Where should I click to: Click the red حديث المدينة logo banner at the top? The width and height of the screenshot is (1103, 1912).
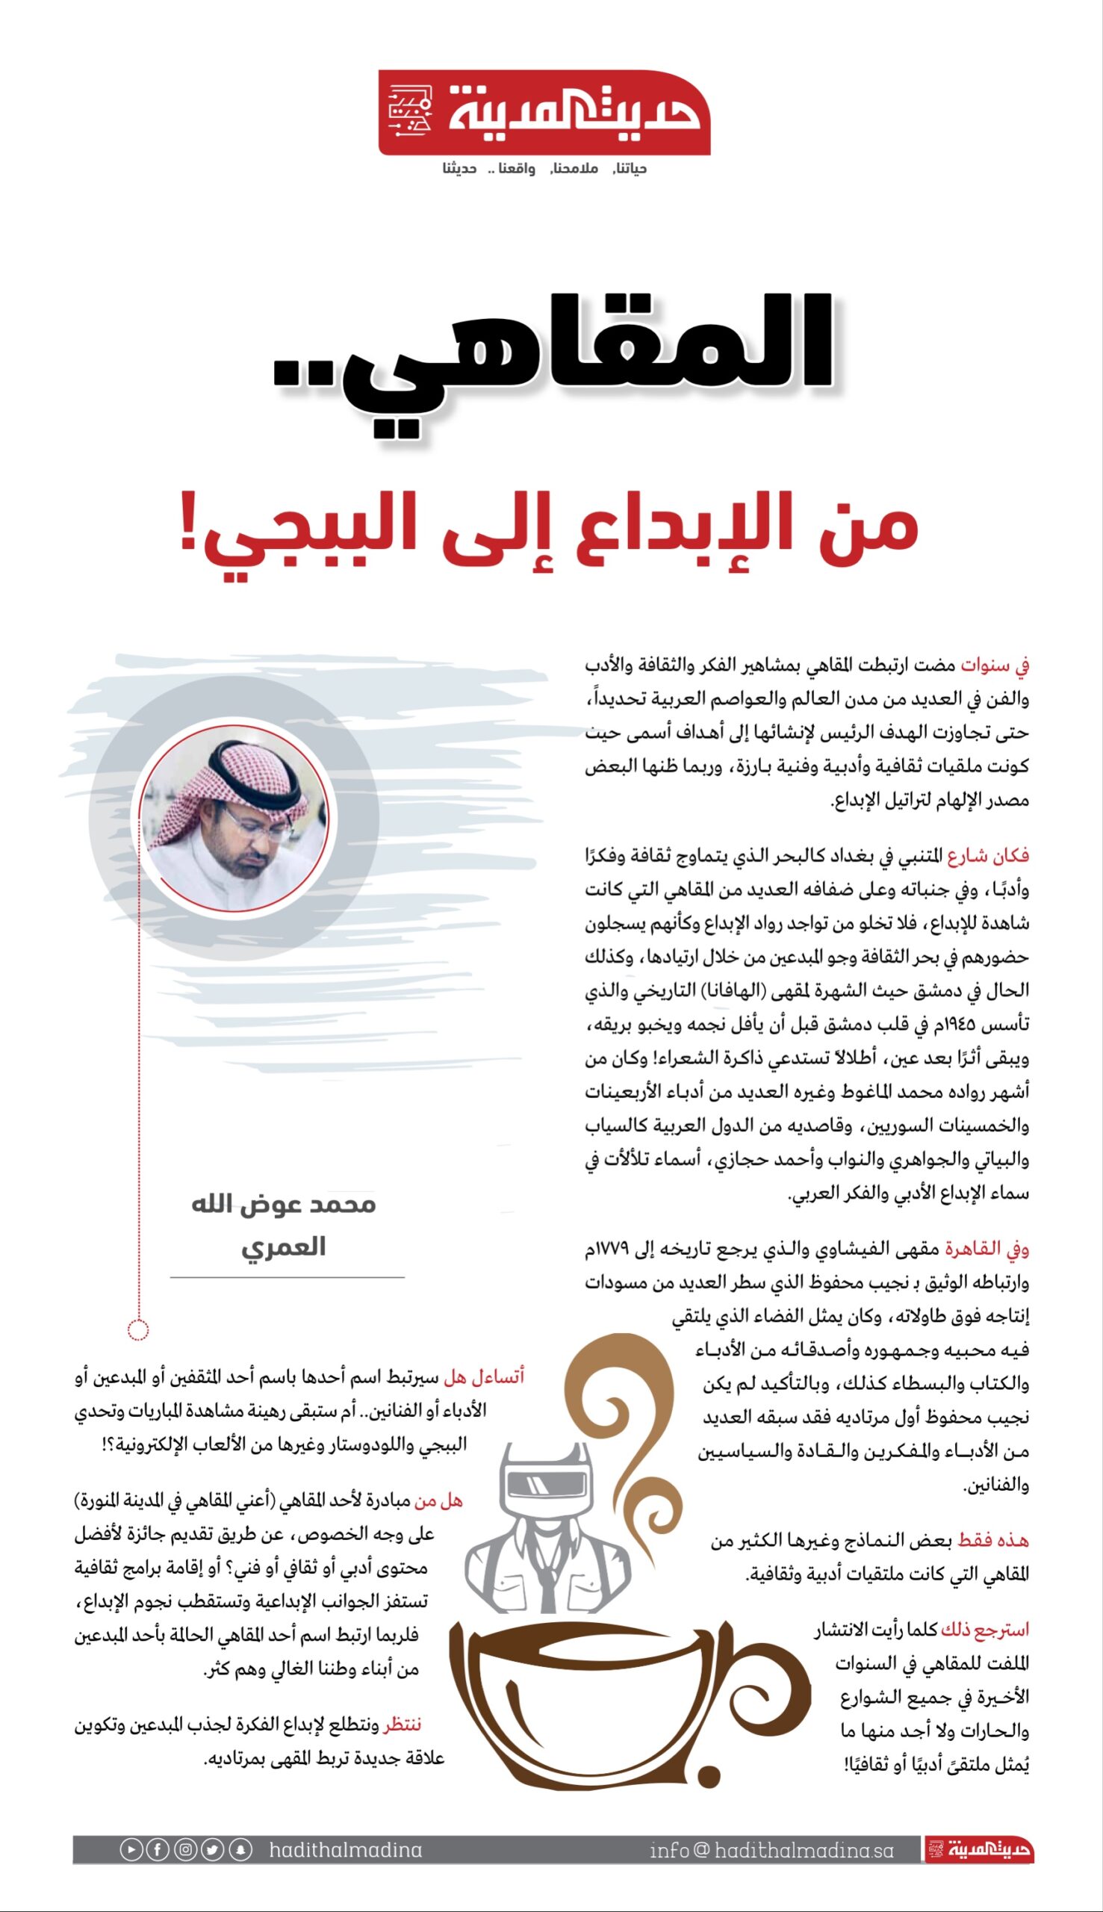click(x=544, y=113)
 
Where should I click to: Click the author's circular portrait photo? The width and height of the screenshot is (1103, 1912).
click(x=234, y=817)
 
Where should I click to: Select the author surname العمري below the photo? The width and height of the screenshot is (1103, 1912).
click(x=283, y=1246)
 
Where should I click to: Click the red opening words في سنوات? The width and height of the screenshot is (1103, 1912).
click(x=995, y=665)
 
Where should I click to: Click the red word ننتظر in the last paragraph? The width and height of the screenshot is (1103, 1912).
click(x=403, y=1725)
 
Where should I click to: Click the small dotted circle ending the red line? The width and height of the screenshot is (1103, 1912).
click(x=138, y=1329)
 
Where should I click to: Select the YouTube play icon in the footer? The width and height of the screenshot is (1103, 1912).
click(x=131, y=1850)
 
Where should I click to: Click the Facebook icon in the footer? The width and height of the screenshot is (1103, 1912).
click(x=158, y=1850)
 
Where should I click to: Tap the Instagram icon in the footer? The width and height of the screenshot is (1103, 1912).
click(x=185, y=1850)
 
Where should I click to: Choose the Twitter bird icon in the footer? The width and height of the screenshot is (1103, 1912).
click(x=212, y=1850)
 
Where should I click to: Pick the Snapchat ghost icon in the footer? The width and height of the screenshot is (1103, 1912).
click(x=240, y=1850)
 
